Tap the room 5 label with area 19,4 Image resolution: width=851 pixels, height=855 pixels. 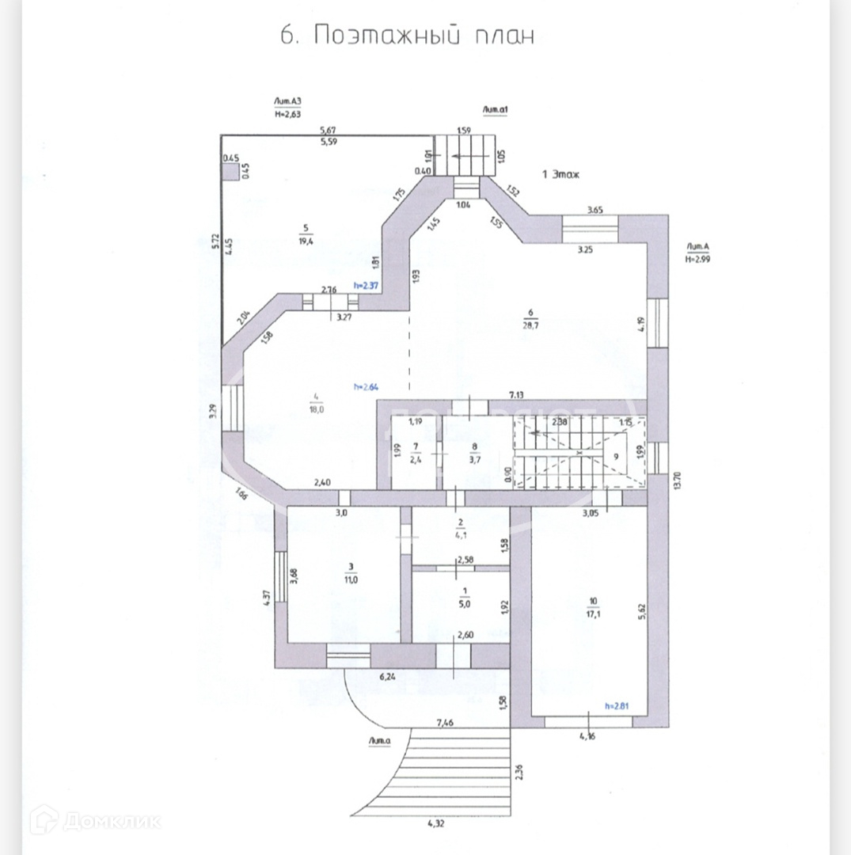point(304,234)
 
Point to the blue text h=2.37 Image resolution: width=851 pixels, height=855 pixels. point(368,284)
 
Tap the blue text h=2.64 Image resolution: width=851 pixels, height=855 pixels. point(369,387)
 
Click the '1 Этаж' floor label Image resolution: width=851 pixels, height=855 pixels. point(560,174)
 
